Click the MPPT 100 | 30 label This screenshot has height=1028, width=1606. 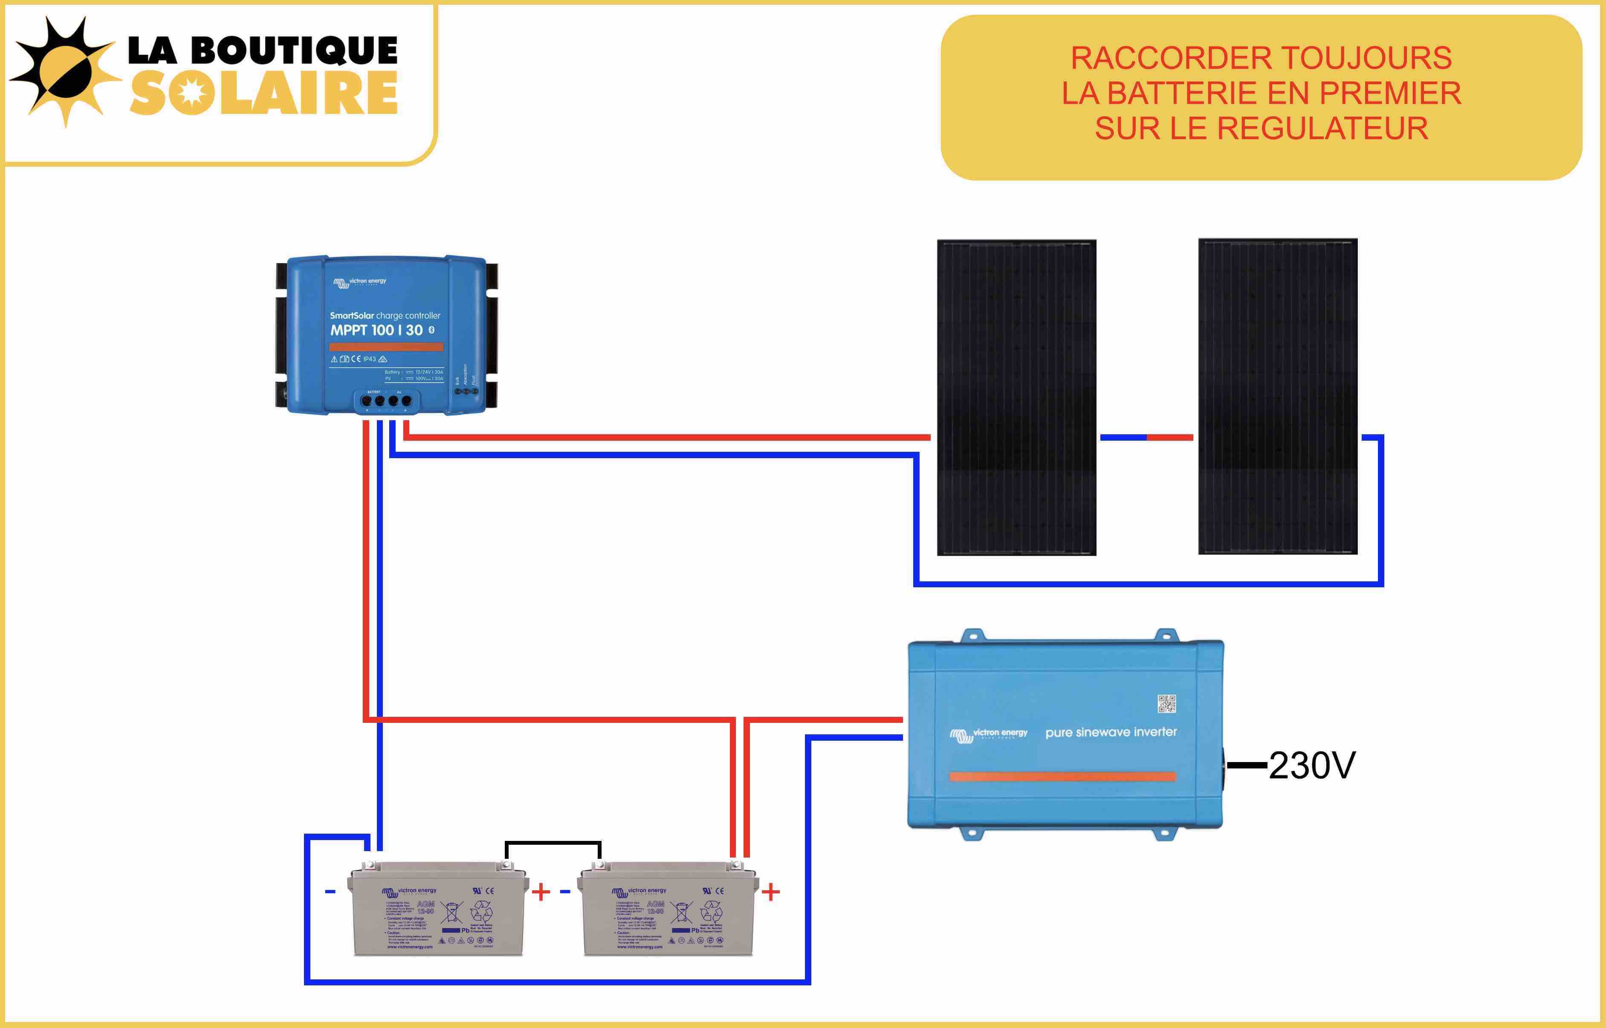pos(376,330)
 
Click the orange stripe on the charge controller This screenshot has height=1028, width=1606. pos(386,347)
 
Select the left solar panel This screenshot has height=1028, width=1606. pos(1016,397)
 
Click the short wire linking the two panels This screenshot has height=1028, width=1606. pos(1146,437)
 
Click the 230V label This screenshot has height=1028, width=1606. pos(1311,765)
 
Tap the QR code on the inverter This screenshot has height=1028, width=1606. pos(1166,704)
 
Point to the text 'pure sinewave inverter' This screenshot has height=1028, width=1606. pos(1111,732)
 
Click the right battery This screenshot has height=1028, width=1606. pos(667,909)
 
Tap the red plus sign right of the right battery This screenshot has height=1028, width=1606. pos(771,892)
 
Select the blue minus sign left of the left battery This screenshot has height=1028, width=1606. pos(330,892)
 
